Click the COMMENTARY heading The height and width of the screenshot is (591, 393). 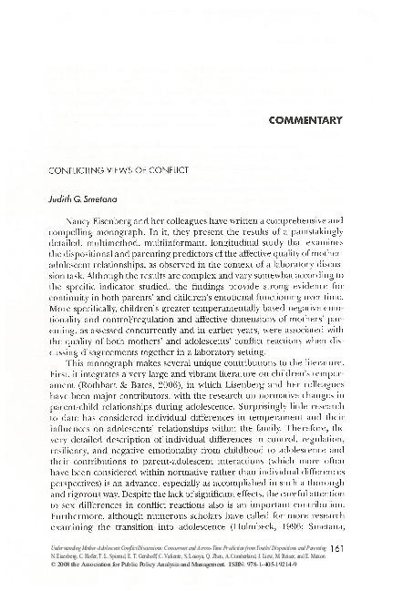[x=305, y=120]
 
